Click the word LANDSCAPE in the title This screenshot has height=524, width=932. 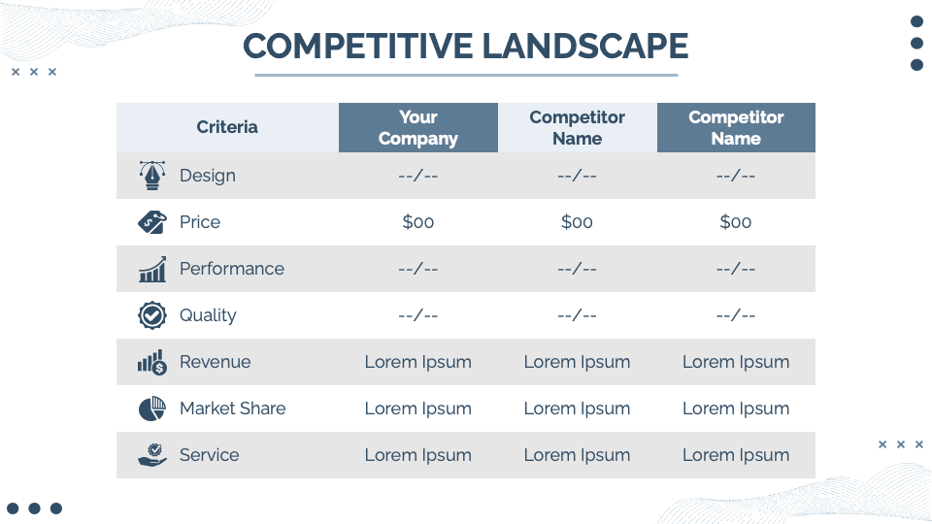[x=584, y=47]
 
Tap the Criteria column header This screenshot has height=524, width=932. [x=227, y=127]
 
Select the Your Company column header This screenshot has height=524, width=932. [x=417, y=128]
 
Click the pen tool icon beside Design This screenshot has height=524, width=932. [x=152, y=176]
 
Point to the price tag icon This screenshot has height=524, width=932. [x=152, y=222]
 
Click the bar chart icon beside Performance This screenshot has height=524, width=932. [x=152, y=269]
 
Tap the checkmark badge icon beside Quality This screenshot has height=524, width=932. [x=152, y=315]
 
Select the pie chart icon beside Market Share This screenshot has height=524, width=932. [x=152, y=409]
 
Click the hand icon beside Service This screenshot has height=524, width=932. [x=152, y=455]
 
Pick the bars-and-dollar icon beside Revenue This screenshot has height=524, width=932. [x=152, y=362]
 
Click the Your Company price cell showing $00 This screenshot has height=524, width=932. [x=417, y=222]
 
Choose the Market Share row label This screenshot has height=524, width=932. [x=232, y=409]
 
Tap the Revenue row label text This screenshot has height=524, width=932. [x=216, y=362]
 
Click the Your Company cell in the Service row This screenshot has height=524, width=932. [x=417, y=455]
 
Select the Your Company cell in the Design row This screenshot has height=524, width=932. [x=417, y=176]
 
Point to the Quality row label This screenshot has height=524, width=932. [x=208, y=315]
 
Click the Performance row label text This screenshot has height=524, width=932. [x=232, y=269]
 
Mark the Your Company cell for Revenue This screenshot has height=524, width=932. [x=417, y=362]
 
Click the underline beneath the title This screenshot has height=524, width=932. [x=466, y=75]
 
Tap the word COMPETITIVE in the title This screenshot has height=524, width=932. [x=358, y=47]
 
